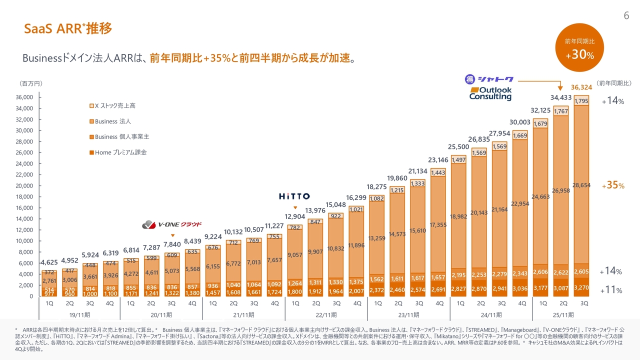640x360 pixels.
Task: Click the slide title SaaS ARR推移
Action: tap(68, 29)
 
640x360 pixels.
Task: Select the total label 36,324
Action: tap(581, 87)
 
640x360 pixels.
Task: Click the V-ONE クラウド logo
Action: tap(172, 224)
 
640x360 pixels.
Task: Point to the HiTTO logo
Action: tap(294, 196)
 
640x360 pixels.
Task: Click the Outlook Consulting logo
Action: tap(490, 93)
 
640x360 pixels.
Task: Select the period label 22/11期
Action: tap(326, 314)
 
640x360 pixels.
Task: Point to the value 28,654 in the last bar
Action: tap(581, 185)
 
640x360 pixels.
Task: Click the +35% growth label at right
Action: tap(612, 185)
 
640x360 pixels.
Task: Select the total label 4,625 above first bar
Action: tap(49, 262)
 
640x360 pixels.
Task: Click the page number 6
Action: tap(626, 16)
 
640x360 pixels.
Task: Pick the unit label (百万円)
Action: tap(31, 83)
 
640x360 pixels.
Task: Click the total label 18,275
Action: tap(377, 186)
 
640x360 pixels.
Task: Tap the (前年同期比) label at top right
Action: tap(614, 83)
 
